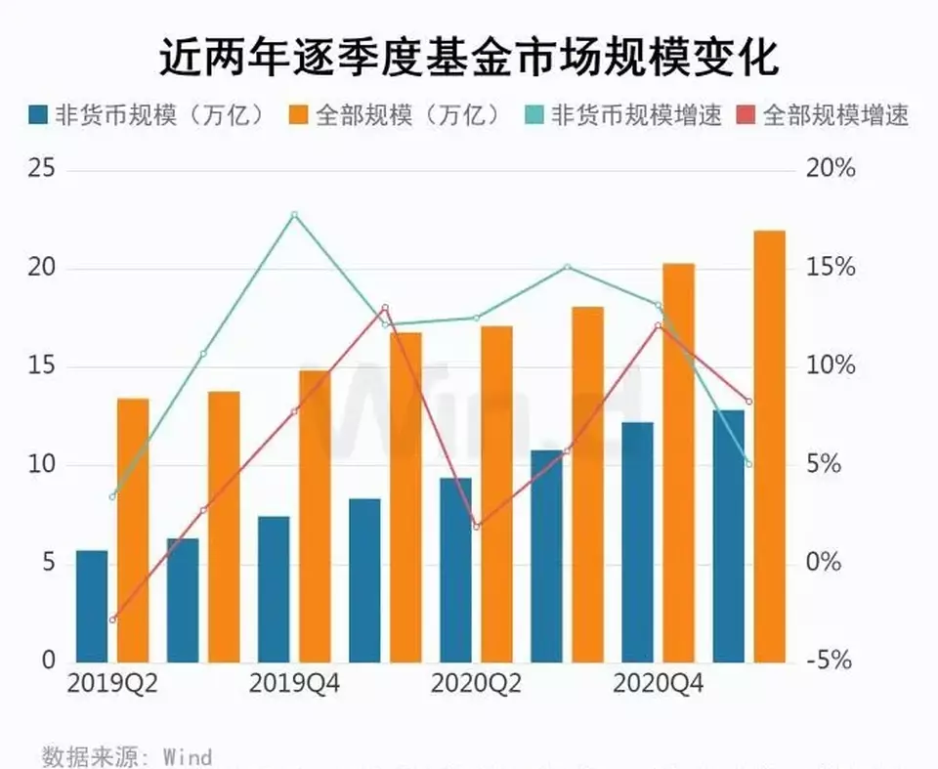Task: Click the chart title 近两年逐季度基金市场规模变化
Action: [x=468, y=58]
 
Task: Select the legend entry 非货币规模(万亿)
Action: [x=147, y=115]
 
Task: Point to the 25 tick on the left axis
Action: [x=41, y=170]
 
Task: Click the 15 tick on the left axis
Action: [x=41, y=366]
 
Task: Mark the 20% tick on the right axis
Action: [x=831, y=170]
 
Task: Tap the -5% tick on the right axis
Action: [x=831, y=662]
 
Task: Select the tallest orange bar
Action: [x=769, y=446]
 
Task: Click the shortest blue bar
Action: [x=92, y=606]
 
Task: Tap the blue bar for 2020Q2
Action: [x=455, y=570]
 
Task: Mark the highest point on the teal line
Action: [x=294, y=215]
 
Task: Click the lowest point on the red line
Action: [x=113, y=619]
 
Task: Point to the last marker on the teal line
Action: [x=748, y=463]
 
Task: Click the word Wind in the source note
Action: [x=188, y=756]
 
